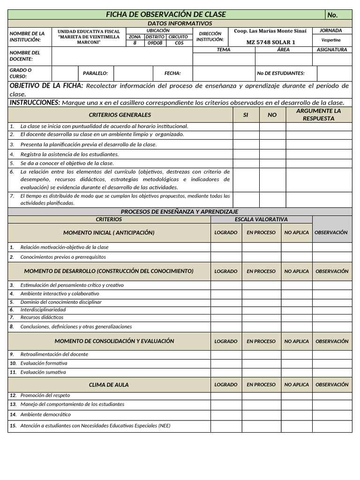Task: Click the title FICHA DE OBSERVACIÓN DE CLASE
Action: (166, 15)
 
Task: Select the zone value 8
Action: (135, 43)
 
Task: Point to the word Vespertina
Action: (330, 40)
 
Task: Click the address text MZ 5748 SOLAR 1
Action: (271, 42)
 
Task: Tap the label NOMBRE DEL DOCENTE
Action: (25, 56)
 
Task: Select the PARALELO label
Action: (95, 73)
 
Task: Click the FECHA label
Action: (172, 73)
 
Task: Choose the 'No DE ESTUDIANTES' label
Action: (281, 73)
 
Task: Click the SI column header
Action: (246, 115)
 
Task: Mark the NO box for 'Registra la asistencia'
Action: (272, 154)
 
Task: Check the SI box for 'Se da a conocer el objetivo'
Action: (246, 164)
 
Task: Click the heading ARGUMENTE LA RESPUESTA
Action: (319, 115)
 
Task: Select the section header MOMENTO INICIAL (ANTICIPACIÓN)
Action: (109, 232)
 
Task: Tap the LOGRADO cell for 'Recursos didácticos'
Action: (226, 317)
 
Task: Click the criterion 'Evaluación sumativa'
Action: (43, 372)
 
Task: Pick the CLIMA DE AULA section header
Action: (109, 385)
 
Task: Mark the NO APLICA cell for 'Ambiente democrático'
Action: (296, 415)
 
